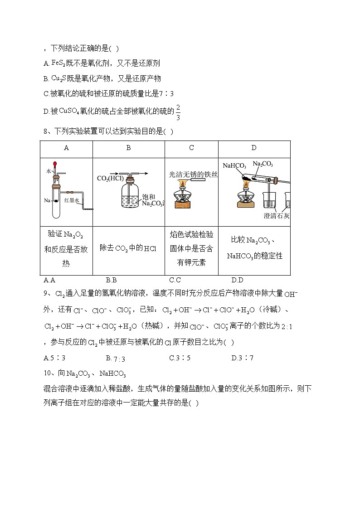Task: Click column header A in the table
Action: [x=67, y=148]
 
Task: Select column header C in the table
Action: [x=191, y=148]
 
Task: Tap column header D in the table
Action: [x=254, y=148]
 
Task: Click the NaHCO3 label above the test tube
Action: [x=234, y=166]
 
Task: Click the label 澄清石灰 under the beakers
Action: [x=277, y=216]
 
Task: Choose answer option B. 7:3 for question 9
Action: [x=116, y=358]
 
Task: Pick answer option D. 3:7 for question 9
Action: [x=242, y=358]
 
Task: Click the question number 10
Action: [x=48, y=373]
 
